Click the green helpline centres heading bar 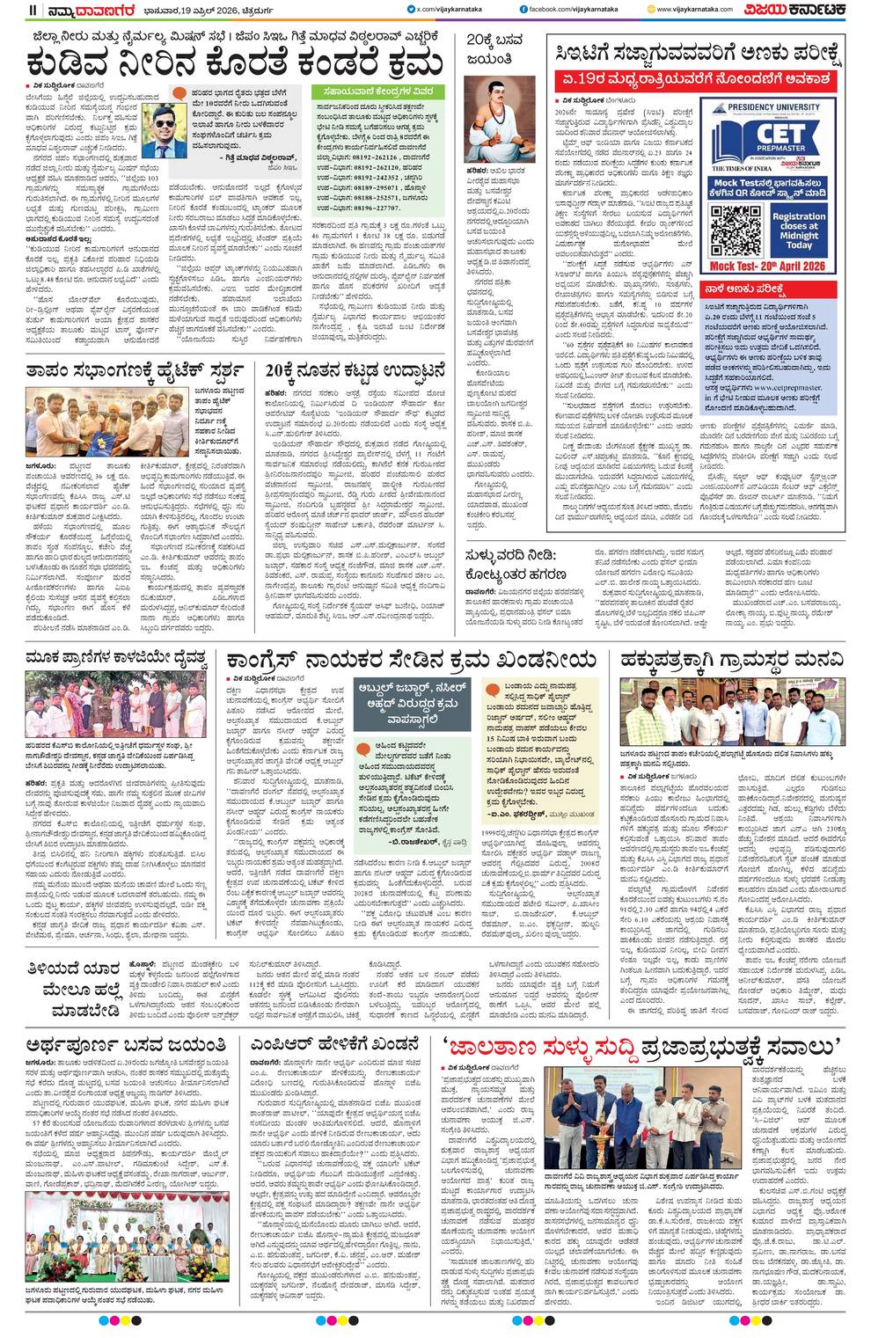point(378,91)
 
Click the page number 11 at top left point(33,10)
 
